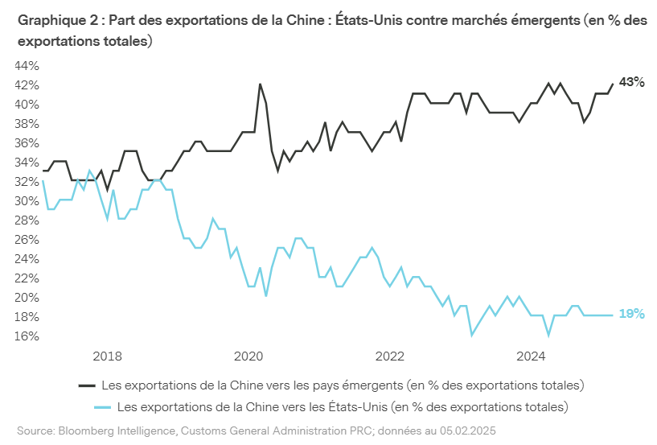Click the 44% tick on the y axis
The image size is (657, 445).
click(x=26, y=66)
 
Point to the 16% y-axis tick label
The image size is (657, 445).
click(x=26, y=336)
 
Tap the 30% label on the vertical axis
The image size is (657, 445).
click(x=26, y=201)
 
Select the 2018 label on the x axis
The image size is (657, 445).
click(x=106, y=356)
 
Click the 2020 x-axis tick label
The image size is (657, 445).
click(x=248, y=356)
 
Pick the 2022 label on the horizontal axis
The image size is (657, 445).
click(x=389, y=356)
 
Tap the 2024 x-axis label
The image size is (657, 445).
click(x=531, y=356)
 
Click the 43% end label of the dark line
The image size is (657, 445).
click(x=632, y=82)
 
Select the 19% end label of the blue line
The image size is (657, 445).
click(x=632, y=314)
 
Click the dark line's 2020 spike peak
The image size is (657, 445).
click(x=260, y=84)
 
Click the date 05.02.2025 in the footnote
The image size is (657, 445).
click(x=468, y=431)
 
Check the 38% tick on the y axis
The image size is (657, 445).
click(x=26, y=124)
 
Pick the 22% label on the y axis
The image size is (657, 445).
click(x=26, y=278)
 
